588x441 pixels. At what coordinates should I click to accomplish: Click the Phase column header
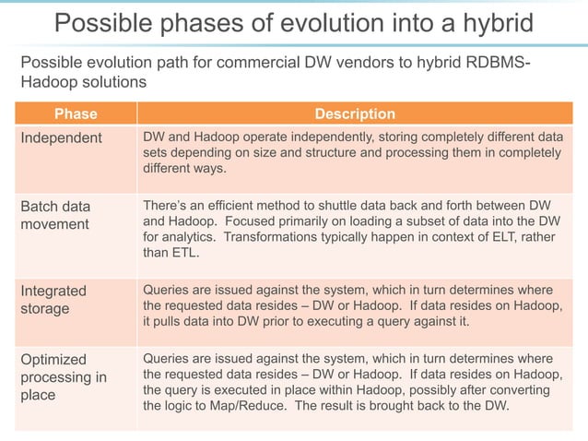click(76, 114)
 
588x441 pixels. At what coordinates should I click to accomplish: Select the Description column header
click(355, 114)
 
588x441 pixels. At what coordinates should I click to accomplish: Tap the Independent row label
click(62, 137)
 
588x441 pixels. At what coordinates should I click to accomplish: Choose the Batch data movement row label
click(55, 215)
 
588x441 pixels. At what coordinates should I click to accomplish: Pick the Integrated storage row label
click(53, 299)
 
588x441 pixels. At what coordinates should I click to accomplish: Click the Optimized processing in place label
click(64, 377)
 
